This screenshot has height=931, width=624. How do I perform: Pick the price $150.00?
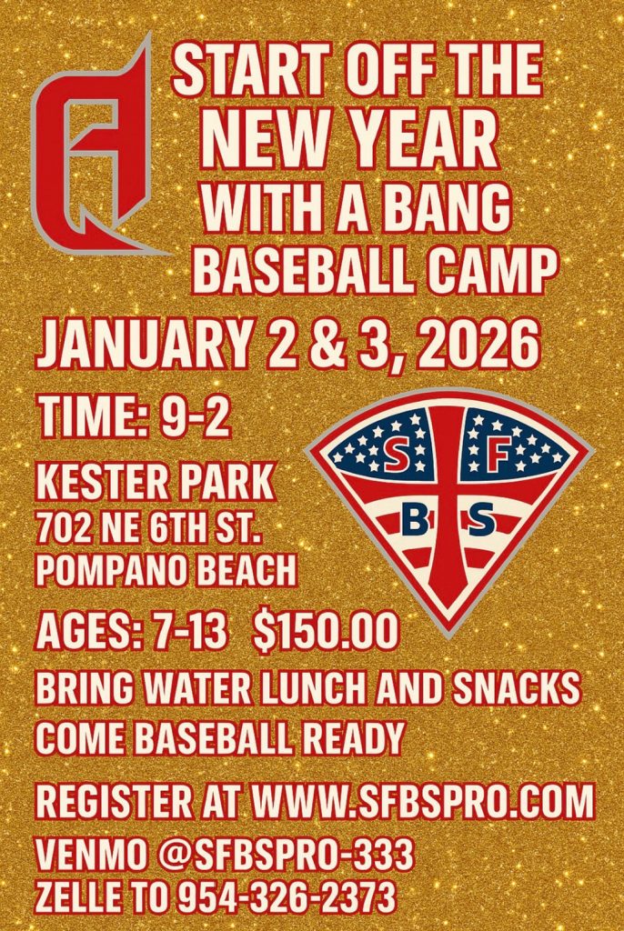click(326, 630)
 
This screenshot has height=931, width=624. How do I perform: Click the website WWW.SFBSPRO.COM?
click(424, 804)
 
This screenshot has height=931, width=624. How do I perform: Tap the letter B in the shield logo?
click(411, 520)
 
